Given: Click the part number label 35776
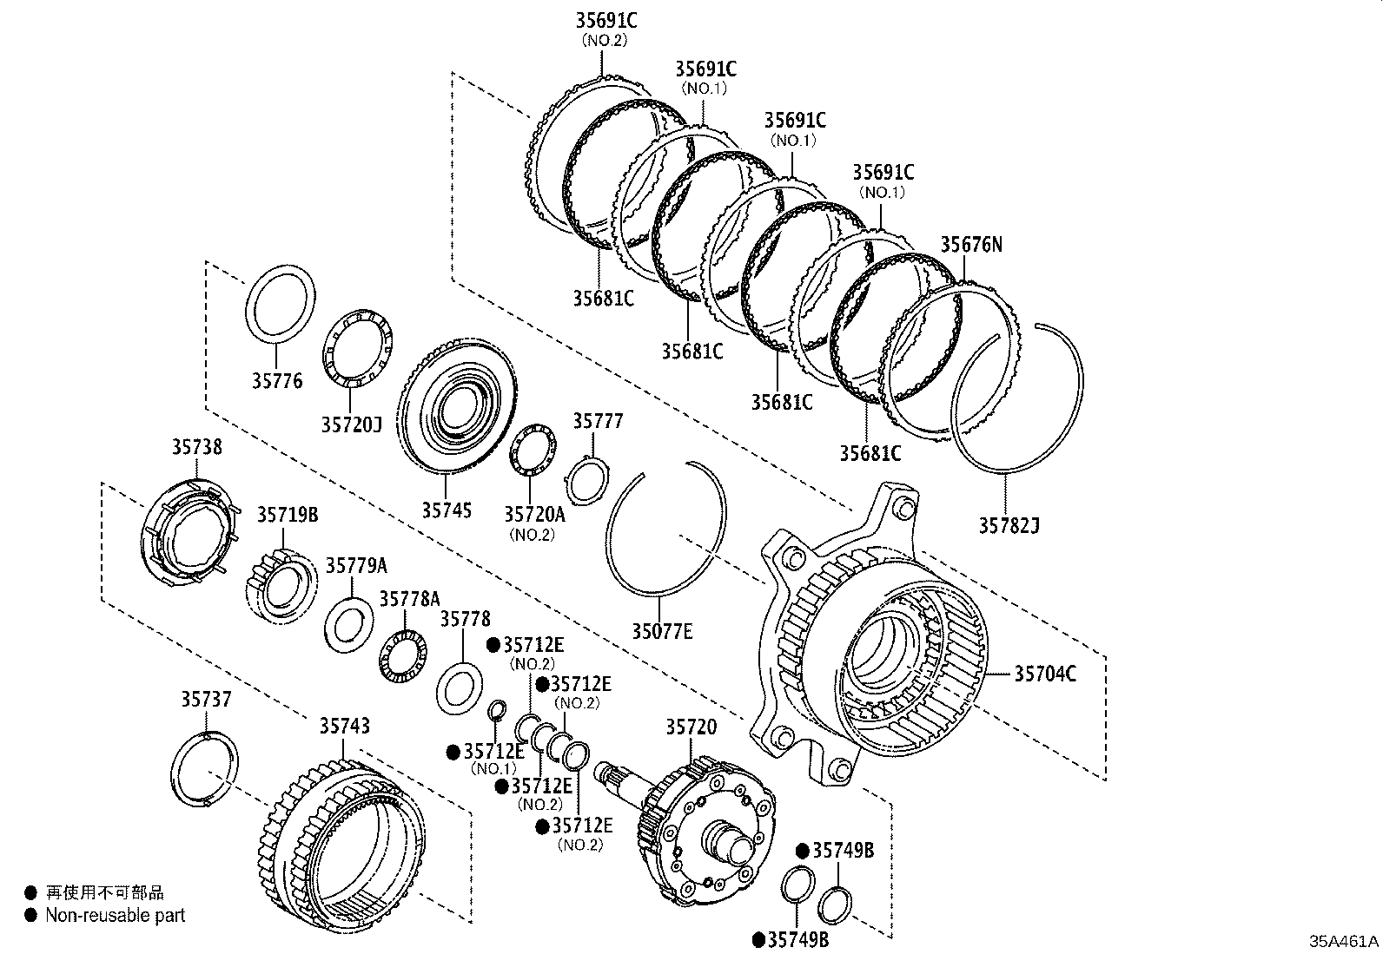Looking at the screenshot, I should tap(277, 380).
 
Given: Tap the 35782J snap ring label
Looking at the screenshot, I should tap(1009, 525).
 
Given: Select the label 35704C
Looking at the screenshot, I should tap(1045, 673).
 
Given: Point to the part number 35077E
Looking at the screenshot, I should tap(662, 631).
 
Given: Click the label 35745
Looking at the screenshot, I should tap(447, 510).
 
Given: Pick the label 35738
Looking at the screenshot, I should tap(195, 447).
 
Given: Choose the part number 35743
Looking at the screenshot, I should tap(344, 726).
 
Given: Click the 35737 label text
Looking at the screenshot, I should tap(207, 699).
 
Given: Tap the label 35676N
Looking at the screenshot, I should tap(971, 245).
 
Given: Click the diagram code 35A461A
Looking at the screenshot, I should tap(1345, 941).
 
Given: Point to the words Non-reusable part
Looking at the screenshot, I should tap(115, 915).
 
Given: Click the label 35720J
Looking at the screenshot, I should tap(351, 424).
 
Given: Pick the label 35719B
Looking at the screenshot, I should tap(287, 515).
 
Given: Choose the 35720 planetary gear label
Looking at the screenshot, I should tap(691, 727).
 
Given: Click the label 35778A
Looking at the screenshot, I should tap(409, 599).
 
